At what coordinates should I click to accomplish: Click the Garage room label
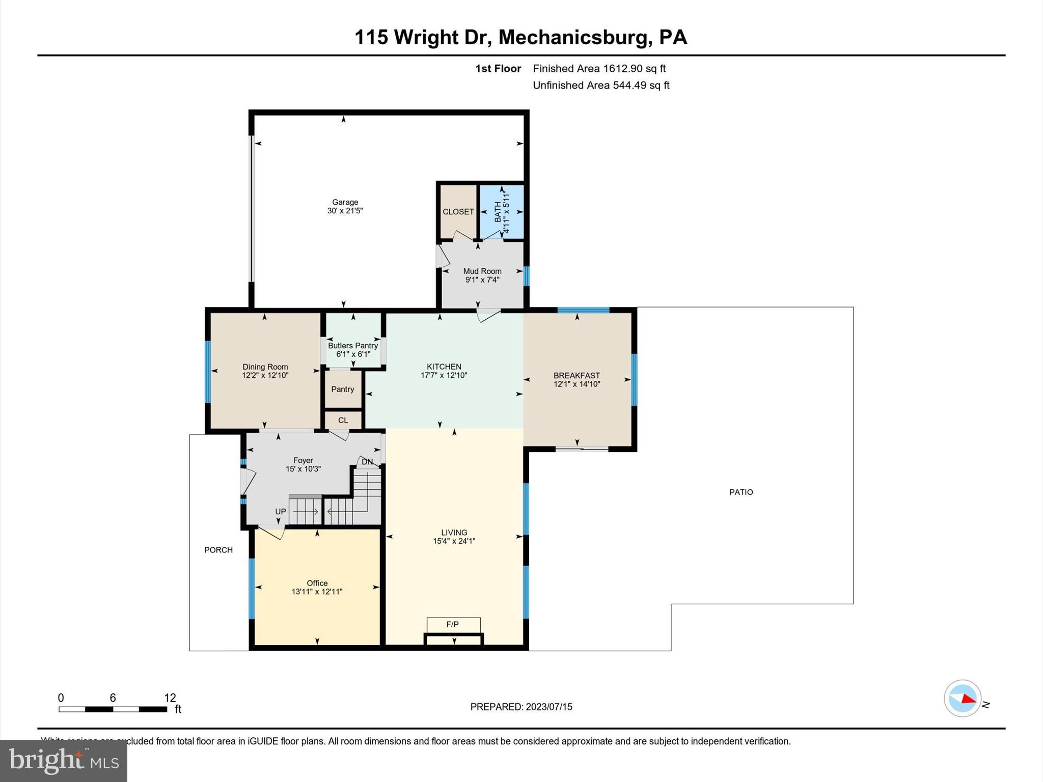click(345, 202)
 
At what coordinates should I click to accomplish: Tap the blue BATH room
click(502, 211)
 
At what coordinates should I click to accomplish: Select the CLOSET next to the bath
click(458, 212)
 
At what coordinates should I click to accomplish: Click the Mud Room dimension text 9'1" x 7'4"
click(482, 280)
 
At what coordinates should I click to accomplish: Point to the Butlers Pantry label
click(352, 346)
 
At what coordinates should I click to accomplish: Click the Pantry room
click(343, 389)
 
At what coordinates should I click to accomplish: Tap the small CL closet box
click(343, 421)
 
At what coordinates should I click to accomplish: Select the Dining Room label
click(265, 367)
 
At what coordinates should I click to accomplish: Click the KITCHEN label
click(444, 367)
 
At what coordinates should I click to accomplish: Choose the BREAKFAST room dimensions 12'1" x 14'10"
click(577, 384)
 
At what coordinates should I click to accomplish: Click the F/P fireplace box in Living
click(453, 625)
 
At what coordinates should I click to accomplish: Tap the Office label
click(317, 583)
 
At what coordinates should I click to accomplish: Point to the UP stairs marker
click(281, 512)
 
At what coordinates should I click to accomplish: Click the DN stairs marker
click(367, 462)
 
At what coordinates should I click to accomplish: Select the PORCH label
click(218, 550)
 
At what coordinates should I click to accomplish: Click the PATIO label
click(740, 492)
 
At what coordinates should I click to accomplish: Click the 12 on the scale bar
click(170, 697)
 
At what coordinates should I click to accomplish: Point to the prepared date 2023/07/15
click(549, 707)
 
